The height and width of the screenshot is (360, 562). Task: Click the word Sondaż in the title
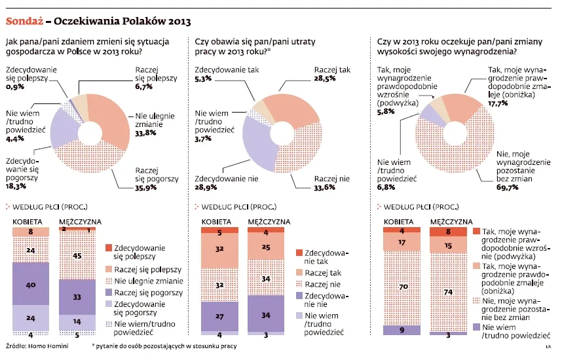coord(24,21)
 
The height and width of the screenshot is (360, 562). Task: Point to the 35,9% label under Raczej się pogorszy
coord(146,185)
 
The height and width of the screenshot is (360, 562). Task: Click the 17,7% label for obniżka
coord(498,103)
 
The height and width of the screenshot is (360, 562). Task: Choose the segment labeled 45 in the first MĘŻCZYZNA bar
coord(77,255)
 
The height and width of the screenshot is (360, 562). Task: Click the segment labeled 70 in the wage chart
coord(402,287)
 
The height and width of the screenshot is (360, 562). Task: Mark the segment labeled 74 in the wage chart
coord(449,291)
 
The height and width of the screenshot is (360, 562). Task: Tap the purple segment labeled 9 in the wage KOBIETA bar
coord(402,330)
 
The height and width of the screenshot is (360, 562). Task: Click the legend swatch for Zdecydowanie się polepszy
coord(109,248)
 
